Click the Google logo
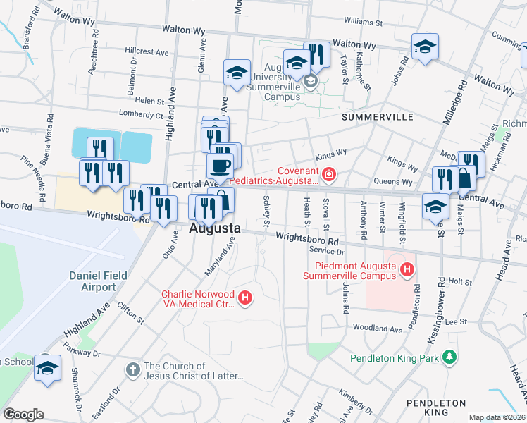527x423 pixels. (x=23, y=415)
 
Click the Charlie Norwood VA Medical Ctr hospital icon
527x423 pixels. (x=245, y=298)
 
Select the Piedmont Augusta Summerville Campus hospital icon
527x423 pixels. (x=407, y=269)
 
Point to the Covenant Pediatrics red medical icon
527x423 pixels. (x=328, y=173)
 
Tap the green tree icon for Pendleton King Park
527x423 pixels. (x=448, y=358)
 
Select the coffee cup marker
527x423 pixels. (x=220, y=166)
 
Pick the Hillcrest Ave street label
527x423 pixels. (x=147, y=52)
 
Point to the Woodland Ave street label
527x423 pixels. (x=377, y=328)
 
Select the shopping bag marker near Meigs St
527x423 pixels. (x=464, y=178)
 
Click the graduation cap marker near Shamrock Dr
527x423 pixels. (x=47, y=368)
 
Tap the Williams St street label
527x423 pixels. (x=363, y=21)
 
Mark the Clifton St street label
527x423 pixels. (x=130, y=314)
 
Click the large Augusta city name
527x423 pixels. (x=215, y=229)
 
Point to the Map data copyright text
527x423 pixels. (x=497, y=417)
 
